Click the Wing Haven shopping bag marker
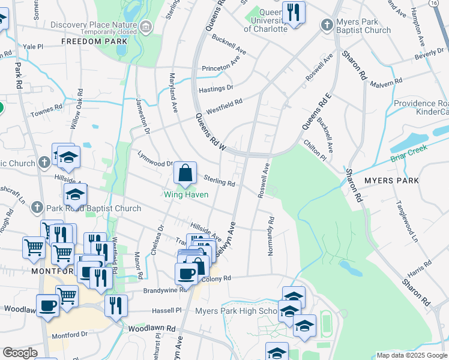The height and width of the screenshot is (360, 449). (185, 173)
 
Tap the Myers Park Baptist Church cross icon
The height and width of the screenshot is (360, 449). (327, 25)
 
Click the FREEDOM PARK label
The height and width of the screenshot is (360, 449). (94, 41)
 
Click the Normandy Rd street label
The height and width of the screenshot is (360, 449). (271, 236)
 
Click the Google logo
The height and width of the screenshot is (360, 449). (20, 353)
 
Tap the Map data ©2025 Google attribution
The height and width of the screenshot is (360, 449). (411, 355)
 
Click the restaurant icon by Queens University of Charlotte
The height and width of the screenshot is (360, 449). (294, 13)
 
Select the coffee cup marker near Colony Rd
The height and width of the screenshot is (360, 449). (186, 273)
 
